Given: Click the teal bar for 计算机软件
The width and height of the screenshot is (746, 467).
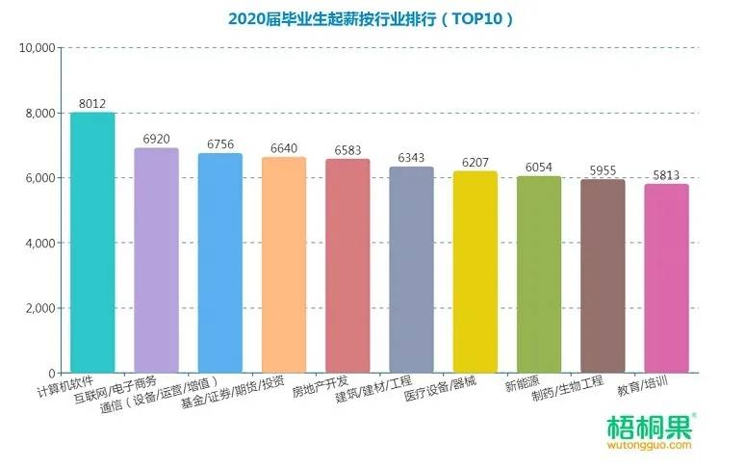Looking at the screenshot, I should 92,243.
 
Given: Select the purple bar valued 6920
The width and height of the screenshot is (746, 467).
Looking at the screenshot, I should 156,260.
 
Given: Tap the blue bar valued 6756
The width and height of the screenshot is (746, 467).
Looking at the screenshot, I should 219,263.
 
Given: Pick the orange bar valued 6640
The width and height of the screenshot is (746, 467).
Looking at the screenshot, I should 284,265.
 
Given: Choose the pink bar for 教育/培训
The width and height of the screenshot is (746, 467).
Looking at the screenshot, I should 666,278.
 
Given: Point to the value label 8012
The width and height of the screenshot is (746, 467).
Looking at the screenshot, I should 92,103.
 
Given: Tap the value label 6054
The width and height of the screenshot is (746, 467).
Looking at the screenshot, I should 538,167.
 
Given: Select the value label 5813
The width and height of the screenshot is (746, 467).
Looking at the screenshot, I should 666,174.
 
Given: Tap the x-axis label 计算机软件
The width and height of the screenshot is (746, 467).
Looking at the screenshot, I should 66,390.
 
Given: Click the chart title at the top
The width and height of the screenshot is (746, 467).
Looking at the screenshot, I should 371,18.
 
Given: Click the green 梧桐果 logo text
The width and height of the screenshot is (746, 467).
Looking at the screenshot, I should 647,426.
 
